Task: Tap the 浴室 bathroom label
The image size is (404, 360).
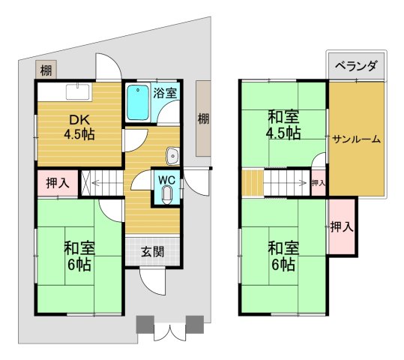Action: click(165, 94)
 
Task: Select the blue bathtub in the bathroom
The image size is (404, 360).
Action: click(137, 104)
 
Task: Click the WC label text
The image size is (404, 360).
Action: click(166, 180)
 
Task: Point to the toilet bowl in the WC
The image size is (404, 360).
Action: click(166, 195)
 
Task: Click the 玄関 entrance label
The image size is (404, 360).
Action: click(152, 252)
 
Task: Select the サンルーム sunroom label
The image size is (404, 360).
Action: click(357, 139)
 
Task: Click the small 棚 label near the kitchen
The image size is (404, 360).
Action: click(46, 71)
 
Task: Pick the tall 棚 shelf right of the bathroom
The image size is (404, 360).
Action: click(204, 118)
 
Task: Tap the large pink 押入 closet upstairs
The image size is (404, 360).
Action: click(342, 226)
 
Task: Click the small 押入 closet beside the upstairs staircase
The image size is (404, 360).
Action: click(318, 183)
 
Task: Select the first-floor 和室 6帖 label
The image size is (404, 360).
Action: click(78, 256)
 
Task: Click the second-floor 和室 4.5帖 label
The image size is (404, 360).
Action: click(283, 125)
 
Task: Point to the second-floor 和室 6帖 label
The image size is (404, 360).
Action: click(282, 255)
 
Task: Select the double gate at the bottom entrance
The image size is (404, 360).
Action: click(169, 331)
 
